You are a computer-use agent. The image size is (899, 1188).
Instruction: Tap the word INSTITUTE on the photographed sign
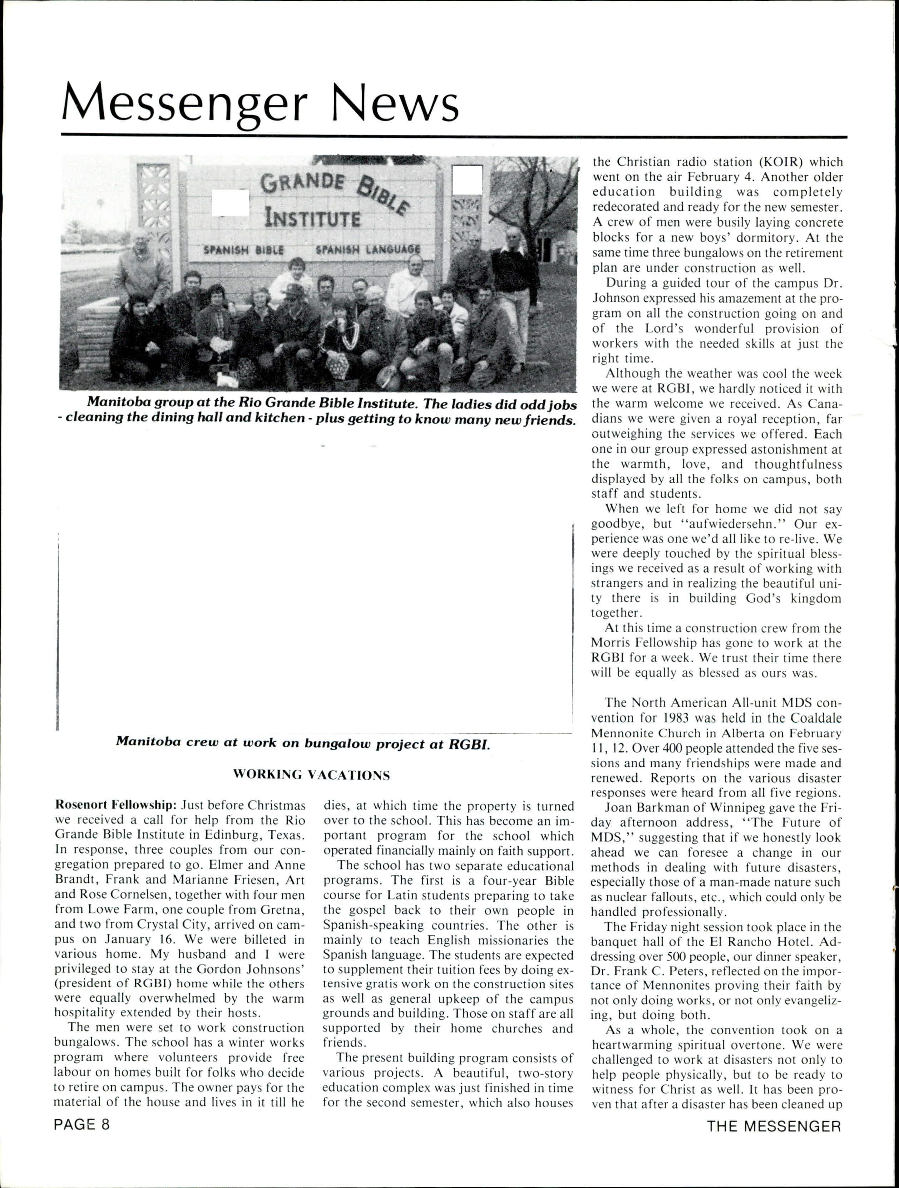pos(312,219)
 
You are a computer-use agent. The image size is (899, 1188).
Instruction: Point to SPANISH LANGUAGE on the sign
pos(368,250)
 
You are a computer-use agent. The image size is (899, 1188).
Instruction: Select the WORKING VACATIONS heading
pos(311,775)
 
